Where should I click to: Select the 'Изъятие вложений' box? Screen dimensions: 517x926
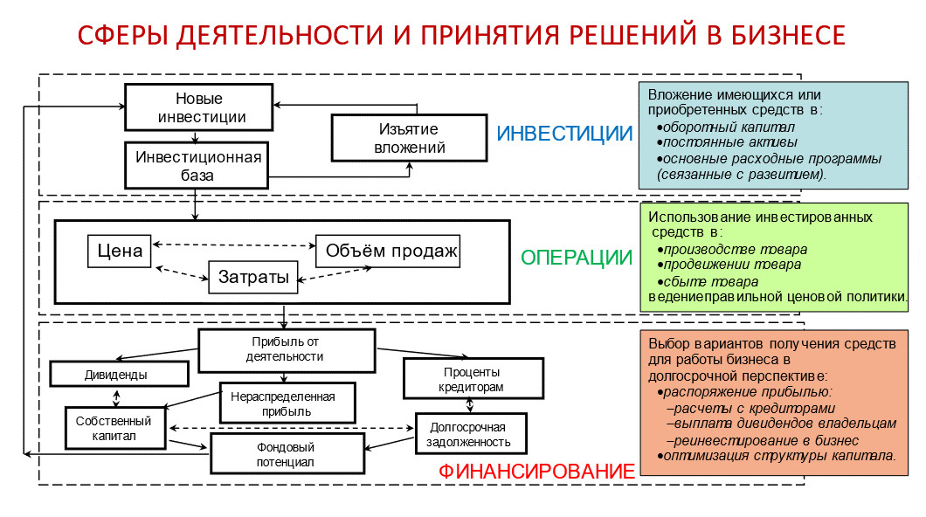(409, 138)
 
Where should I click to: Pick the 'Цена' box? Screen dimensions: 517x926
(120, 252)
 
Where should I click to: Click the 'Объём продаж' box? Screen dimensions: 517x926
(391, 252)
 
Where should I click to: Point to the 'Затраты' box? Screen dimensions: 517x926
(252, 278)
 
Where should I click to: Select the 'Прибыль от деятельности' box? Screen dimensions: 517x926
(287, 349)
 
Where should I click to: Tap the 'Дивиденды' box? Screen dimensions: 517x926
(119, 374)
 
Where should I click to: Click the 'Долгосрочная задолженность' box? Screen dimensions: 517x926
(472, 434)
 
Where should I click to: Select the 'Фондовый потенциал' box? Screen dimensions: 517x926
(286, 454)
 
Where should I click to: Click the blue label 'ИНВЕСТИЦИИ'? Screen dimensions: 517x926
(564, 134)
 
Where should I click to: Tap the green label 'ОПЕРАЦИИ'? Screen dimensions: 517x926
(576, 258)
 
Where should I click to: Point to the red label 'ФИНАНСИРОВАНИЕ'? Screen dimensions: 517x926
(536, 471)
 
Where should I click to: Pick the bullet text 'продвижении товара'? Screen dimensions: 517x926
(732, 265)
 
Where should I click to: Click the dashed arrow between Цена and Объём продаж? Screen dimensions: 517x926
(234, 245)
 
